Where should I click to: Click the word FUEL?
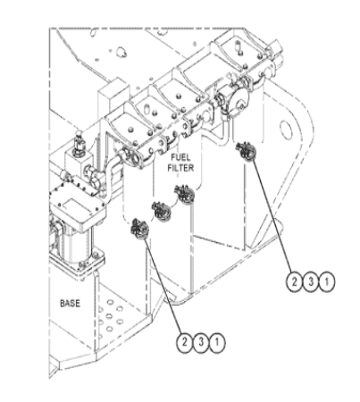pyautogui.click(x=180, y=157)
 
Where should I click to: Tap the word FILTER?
pyautogui.click(x=180, y=168)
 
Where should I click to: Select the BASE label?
pyautogui.click(x=70, y=303)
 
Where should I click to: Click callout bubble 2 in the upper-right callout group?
pyautogui.click(x=294, y=281)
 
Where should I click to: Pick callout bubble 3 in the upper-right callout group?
pyautogui.click(x=311, y=281)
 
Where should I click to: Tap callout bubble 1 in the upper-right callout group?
pyautogui.click(x=327, y=281)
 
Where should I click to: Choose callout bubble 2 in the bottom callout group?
pyautogui.click(x=185, y=342)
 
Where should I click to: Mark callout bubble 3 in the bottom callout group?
pyautogui.click(x=201, y=342)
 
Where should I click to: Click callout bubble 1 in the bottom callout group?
pyautogui.click(x=217, y=342)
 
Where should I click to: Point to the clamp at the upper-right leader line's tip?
pyautogui.click(x=246, y=151)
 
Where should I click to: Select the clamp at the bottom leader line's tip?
pyautogui.click(x=139, y=229)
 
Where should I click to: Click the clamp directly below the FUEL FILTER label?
pyautogui.click(x=185, y=194)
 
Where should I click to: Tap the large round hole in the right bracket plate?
pyautogui.click(x=286, y=130)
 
